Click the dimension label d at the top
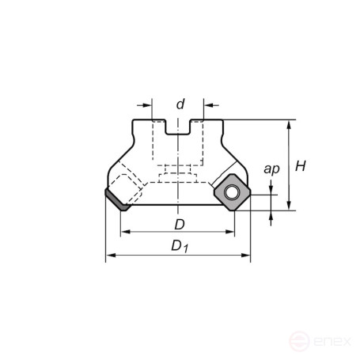point(180,104)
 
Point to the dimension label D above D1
point(180,225)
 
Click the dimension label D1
point(181,247)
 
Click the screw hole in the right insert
point(230,192)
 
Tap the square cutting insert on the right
point(230,193)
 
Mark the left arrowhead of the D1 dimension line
point(110,256)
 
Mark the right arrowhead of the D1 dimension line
point(246,256)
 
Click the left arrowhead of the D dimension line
point(124,233)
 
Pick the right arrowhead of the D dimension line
point(231,233)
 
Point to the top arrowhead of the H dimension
point(291,124)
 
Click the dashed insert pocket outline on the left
point(129,184)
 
